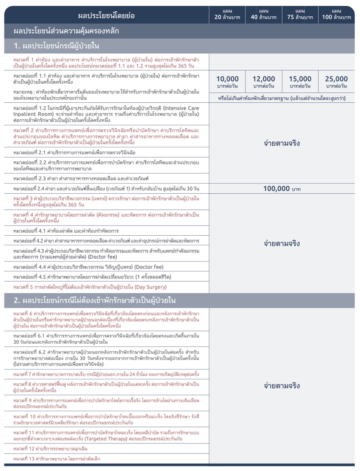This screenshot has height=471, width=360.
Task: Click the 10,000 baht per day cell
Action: (227, 82)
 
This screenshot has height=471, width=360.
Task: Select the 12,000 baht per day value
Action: (264, 82)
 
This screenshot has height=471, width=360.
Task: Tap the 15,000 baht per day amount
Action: (300, 82)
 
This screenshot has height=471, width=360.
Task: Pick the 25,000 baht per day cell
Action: (336, 82)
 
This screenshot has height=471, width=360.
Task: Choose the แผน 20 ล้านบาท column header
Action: (227, 14)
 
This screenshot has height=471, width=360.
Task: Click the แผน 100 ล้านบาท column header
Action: (336, 14)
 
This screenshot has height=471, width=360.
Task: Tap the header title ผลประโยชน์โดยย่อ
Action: (106, 16)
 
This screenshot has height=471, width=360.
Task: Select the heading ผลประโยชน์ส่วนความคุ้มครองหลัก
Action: (66, 31)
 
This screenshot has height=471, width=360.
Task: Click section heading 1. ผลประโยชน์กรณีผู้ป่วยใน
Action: (56, 46)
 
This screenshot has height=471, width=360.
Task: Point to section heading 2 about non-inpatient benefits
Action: (94, 300)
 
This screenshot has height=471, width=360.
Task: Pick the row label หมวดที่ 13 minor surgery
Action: (57, 459)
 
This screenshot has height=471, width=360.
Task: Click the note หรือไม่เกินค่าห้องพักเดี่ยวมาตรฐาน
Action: (282, 99)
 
